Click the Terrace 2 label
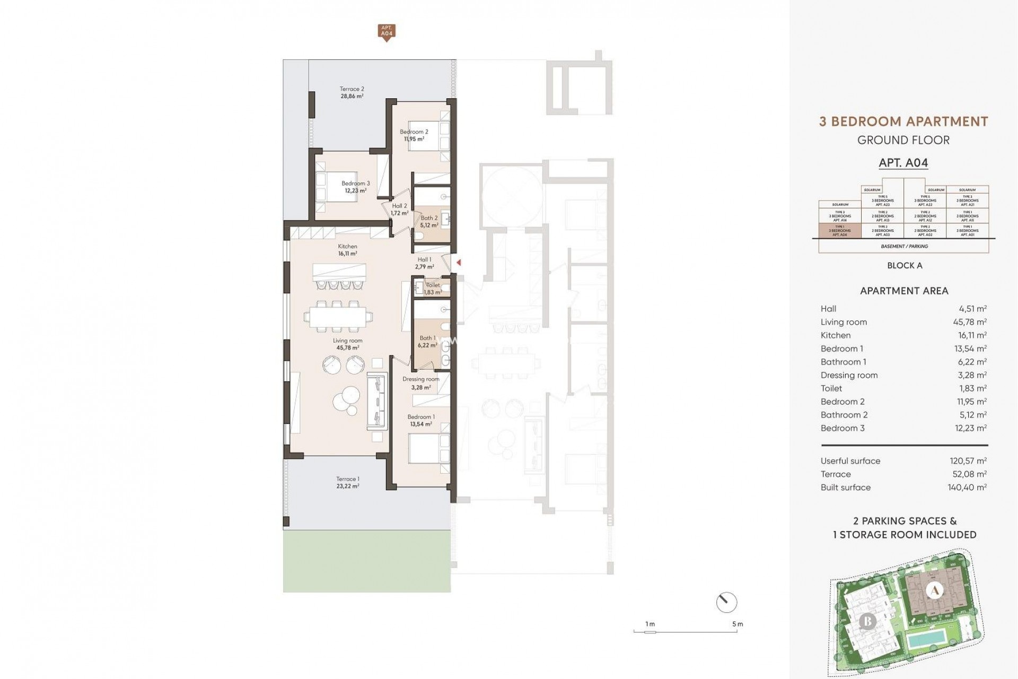[x=352, y=89]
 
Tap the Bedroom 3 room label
[x=355, y=184]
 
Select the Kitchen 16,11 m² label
[x=347, y=250]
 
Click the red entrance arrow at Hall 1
[x=459, y=263]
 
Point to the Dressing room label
[x=420, y=379]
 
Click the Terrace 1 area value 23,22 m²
[x=347, y=486]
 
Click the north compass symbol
[x=726, y=603]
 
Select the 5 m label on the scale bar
[x=737, y=624]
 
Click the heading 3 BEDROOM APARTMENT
[x=903, y=121]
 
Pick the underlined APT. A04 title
[x=903, y=163]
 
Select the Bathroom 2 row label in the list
[x=844, y=415]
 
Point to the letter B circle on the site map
[x=867, y=621]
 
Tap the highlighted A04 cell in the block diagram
[x=840, y=231]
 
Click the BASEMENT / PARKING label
[x=904, y=246]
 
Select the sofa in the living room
[x=376, y=402]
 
